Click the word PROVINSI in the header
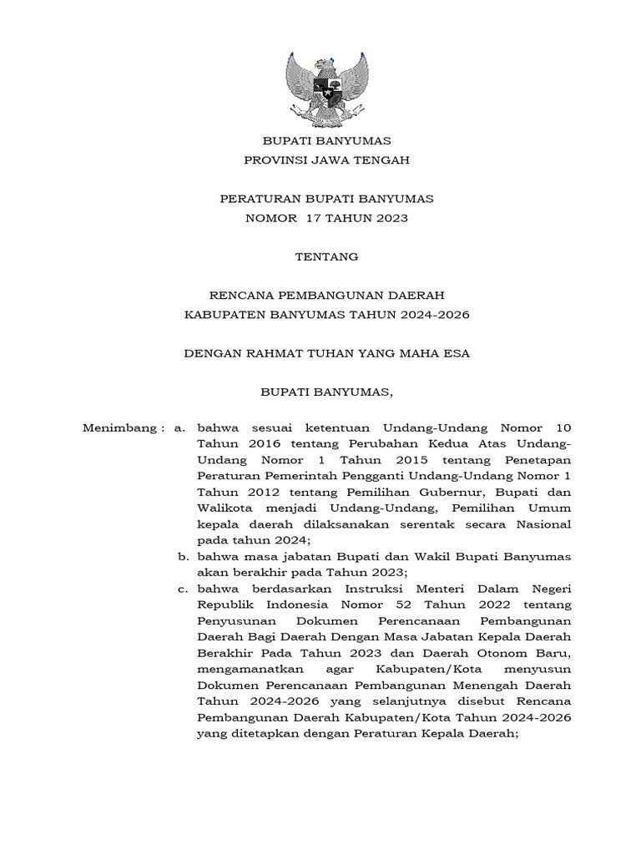274,160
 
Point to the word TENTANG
326,257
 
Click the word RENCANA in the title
245,296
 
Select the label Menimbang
119,428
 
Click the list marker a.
179,428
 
